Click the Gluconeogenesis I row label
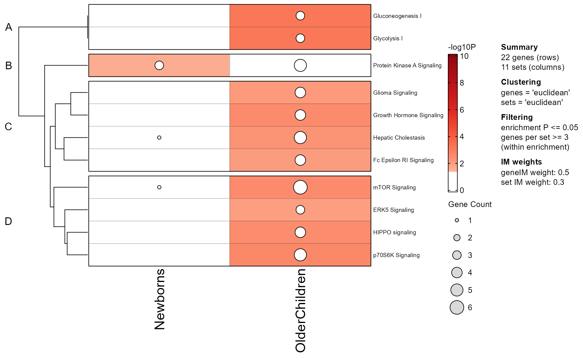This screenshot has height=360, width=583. coord(397,16)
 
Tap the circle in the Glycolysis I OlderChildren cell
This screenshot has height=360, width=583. coord(300,38)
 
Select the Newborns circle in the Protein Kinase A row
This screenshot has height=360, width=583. coord(159,65)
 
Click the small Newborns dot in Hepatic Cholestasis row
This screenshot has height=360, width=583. coord(159,138)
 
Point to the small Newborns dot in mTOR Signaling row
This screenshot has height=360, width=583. coord(159,187)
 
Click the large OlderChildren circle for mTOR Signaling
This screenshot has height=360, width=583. coord(300,187)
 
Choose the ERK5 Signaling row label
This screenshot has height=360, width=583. coord(393,210)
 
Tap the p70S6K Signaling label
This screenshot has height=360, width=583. coord(396,255)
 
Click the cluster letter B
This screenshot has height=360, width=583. coord(9,66)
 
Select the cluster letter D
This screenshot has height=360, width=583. coord(9,221)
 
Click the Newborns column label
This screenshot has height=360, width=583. coord(159,299)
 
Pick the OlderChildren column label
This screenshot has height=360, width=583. coord(300,310)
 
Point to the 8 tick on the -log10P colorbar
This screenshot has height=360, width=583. coord(462,83)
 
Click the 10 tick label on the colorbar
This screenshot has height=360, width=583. coord(464,56)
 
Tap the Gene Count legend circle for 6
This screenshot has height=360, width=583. coord(457,307)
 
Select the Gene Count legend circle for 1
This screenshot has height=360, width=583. coord(457,220)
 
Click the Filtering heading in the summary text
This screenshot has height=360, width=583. coord(517,117)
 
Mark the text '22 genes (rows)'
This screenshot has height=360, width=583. coord(530,57)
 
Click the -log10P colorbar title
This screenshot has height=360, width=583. coord(462,47)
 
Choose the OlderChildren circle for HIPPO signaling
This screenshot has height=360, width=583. coord(300,232)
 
